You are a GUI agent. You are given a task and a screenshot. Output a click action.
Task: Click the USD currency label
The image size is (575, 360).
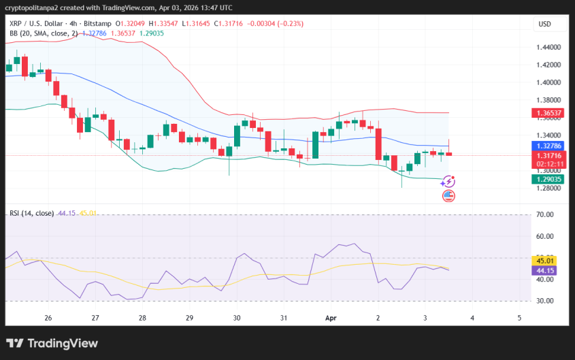pyautogui.click(x=544, y=24)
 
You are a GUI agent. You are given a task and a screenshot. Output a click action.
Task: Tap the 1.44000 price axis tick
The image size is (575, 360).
pyautogui.click(x=548, y=48)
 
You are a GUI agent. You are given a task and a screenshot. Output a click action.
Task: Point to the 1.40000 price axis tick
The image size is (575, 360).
pyautogui.click(x=548, y=82)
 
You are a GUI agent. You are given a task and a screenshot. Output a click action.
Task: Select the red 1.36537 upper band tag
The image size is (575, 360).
pyautogui.click(x=548, y=113)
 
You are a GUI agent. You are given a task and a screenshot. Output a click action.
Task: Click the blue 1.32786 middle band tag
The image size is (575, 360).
pyautogui.click(x=548, y=146)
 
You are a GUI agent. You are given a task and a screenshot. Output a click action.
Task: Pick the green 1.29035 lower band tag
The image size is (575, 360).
pyautogui.click(x=548, y=178)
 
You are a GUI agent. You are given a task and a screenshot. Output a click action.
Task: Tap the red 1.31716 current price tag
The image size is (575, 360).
pyautogui.click(x=548, y=156)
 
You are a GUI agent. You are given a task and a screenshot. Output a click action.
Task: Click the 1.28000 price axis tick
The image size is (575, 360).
pyautogui.click(x=548, y=188)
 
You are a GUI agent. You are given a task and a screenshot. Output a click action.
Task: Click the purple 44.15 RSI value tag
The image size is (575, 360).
pyautogui.click(x=546, y=270)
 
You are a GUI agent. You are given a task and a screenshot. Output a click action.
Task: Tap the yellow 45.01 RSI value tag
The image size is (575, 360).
pyautogui.click(x=546, y=260)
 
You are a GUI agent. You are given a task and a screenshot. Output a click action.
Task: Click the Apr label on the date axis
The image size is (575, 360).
pyautogui.click(x=331, y=318)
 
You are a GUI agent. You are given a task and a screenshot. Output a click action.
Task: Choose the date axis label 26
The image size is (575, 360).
pyautogui.click(x=48, y=318)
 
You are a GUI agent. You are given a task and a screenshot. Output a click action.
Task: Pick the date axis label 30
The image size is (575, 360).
pyautogui.click(x=237, y=318)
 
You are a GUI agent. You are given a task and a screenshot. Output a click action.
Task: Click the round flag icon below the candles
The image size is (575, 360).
pyautogui.click(x=448, y=196)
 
